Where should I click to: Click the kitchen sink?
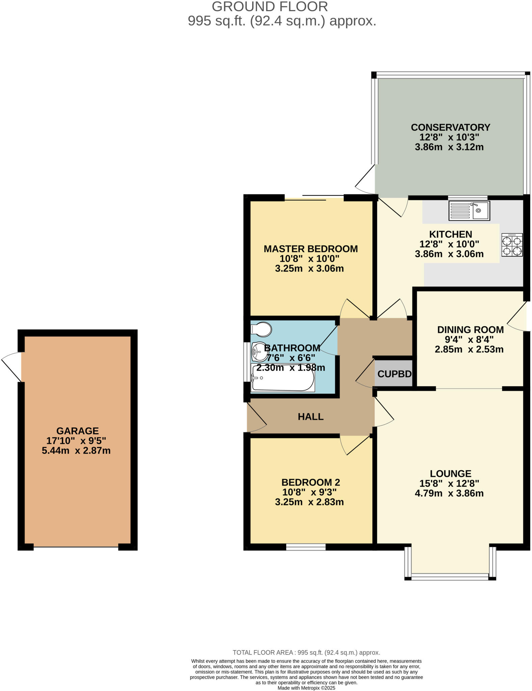469,211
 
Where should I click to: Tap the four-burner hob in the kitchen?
512,245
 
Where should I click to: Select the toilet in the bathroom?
261,329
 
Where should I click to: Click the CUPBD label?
394,374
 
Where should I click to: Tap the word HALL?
311,417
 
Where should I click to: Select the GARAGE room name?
77,431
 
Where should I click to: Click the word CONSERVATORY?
450,128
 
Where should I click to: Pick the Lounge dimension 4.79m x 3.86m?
449,493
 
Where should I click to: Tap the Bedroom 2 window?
305,547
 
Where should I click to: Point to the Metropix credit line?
306,688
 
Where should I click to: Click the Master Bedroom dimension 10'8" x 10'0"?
309,259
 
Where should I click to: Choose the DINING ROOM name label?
470,330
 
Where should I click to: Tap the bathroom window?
246,362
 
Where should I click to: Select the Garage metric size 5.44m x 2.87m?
76,450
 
